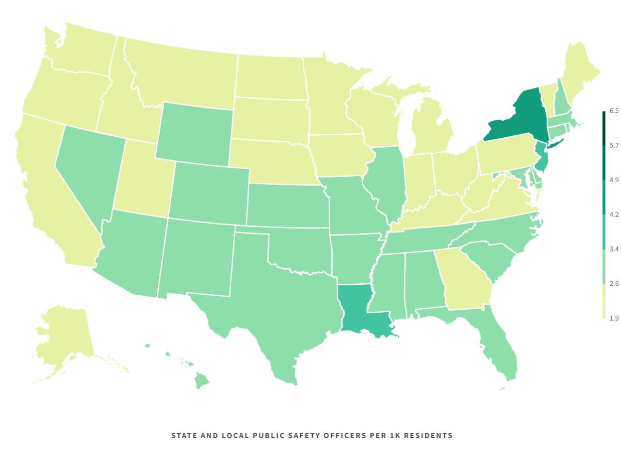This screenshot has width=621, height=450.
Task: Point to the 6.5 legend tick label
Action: click(x=614, y=111)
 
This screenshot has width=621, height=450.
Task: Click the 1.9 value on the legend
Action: click(x=614, y=318)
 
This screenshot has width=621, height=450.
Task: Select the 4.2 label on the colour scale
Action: click(x=614, y=214)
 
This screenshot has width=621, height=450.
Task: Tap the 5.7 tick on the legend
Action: click(x=614, y=146)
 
